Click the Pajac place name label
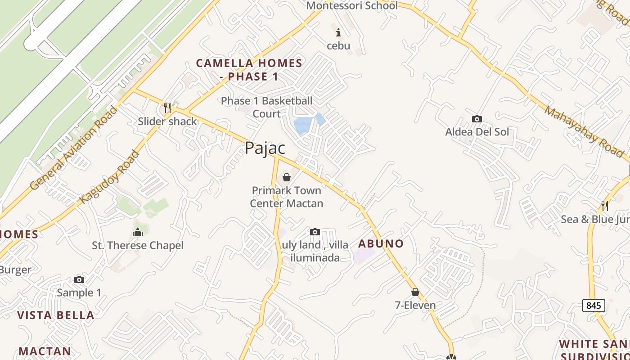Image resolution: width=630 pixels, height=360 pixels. pos(265,148)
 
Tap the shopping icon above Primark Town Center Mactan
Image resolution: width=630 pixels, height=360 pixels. pos(286,177)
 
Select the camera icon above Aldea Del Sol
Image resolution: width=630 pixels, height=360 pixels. pos(477,119)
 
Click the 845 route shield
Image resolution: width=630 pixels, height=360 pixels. pos(594,306)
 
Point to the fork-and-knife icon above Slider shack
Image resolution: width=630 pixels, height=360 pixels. pos(167,108)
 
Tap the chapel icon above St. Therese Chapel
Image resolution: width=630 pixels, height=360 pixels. pos(138,232)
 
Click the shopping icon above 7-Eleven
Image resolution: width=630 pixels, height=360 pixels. pos(415,292)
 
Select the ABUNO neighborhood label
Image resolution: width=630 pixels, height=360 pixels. pos(381,244)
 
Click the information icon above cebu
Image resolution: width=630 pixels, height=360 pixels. pos(338,32)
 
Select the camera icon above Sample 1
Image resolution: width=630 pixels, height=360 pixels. pos(79,280)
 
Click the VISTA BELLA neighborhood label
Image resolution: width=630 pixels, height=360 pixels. pos(56,315)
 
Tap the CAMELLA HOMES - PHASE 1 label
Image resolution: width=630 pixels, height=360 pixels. pos(249,70)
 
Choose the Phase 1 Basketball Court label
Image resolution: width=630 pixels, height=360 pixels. pos(266,107)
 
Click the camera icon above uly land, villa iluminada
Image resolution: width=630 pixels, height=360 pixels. pos(315,232)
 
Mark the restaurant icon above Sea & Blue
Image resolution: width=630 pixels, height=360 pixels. pos(605,206)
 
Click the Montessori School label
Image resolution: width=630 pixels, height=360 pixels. pos(352,6)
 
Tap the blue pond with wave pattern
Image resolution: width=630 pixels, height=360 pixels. pos(302,126)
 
